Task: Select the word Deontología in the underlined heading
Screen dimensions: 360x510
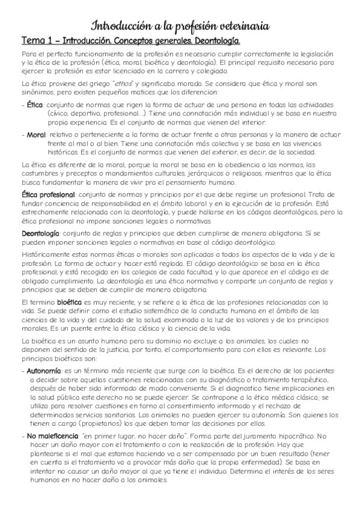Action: (x=212, y=41)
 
